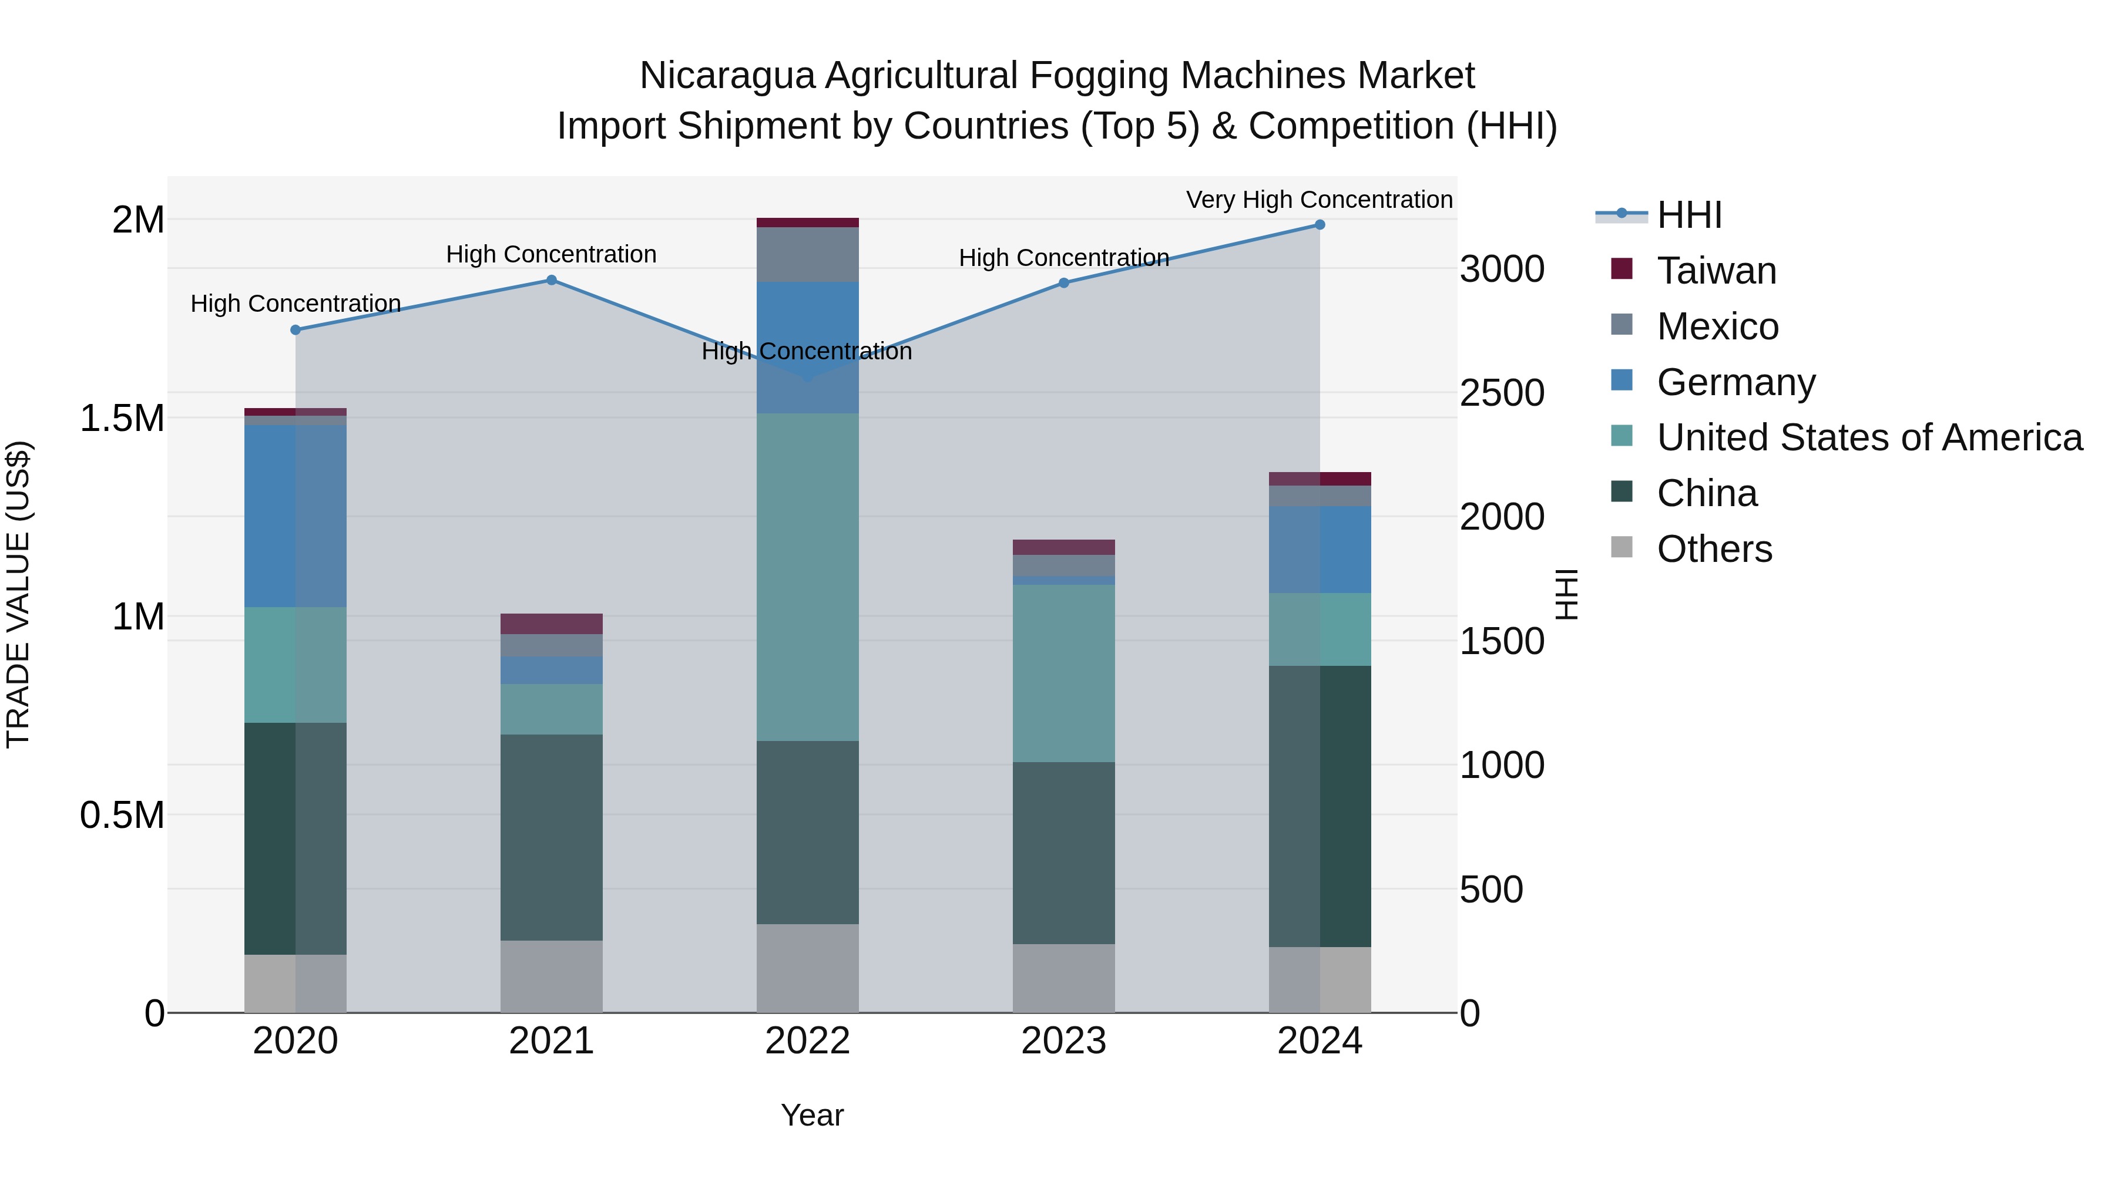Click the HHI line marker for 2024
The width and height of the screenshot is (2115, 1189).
click(1320, 225)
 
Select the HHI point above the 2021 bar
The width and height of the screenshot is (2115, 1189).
click(552, 281)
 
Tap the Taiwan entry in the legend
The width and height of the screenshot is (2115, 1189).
click(1716, 271)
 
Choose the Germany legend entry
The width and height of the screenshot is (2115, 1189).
click(1735, 382)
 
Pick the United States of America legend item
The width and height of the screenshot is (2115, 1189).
click(1869, 437)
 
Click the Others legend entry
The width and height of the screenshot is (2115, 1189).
click(1714, 549)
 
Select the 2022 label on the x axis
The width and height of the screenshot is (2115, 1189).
click(807, 1041)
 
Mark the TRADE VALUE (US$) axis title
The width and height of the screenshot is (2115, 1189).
click(18, 594)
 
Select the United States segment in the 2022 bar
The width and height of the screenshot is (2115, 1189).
click(807, 577)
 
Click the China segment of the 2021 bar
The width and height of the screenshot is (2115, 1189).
click(552, 837)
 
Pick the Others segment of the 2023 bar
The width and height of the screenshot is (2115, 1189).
click(1063, 978)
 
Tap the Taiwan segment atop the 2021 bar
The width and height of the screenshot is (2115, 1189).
click(552, 624)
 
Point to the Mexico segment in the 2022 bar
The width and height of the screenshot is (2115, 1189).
click(807, 254)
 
